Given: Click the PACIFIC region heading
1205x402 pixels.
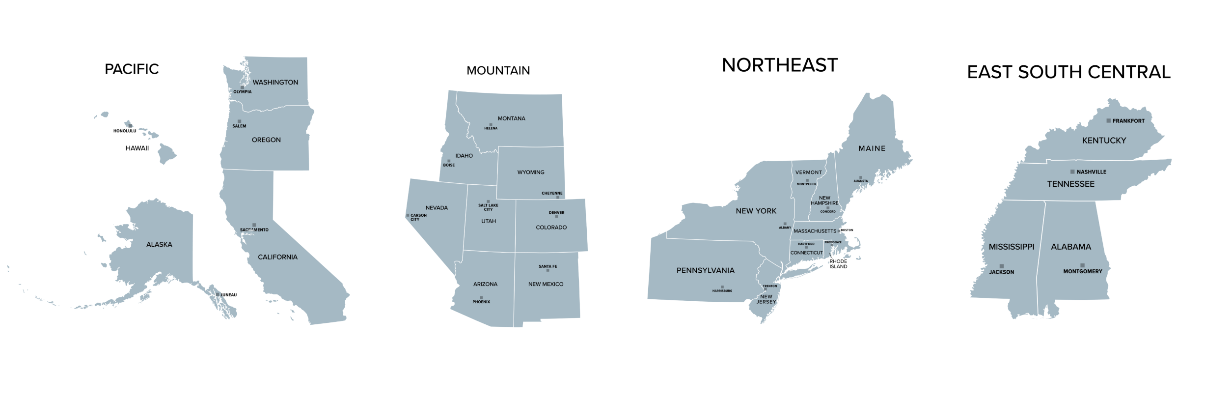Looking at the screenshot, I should click(132, 69).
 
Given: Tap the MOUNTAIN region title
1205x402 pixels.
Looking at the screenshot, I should click(498, 71).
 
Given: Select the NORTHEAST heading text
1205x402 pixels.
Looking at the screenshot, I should click(779, 65).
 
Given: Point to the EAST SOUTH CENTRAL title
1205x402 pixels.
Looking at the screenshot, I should click(1068, 72).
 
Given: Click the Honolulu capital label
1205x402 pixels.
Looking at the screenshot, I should click(125, 131).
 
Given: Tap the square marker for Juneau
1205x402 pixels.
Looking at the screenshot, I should click(218, 294).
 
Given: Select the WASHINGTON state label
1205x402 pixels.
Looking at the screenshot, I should click(275, 83).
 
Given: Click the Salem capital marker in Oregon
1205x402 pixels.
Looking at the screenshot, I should click(239, 121).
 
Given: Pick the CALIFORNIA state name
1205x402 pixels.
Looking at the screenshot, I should click(277, 257).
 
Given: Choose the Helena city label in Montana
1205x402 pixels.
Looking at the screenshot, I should click(491, 129).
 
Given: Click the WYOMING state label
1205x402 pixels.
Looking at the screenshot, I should click(530, 172).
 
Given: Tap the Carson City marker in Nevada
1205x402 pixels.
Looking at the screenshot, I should click(408, 215).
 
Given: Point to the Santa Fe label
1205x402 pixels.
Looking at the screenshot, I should click(548, 266).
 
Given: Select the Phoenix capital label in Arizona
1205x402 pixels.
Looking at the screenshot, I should click(481, 302).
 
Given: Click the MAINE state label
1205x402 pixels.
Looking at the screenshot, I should click(872, 148).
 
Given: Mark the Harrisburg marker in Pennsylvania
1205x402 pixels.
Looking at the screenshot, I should click(722, 287).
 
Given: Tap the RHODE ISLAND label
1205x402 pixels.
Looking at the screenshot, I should click(838, 264).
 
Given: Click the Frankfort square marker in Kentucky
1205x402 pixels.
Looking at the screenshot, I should click(1108, 120).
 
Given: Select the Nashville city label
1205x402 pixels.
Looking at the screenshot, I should click(1091, 172).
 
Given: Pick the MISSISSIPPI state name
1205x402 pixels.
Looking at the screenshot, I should click(1011, 247).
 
